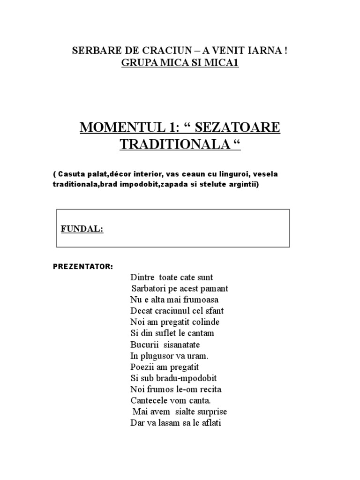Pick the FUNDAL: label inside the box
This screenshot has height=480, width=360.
(x=82, y=229)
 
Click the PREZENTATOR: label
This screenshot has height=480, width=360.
(x=82, y=267)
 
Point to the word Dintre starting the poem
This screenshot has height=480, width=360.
(x=142, y=277)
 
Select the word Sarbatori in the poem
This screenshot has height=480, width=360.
(x=148, y=288)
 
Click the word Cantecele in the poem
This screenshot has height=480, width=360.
(x=150, y=400)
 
